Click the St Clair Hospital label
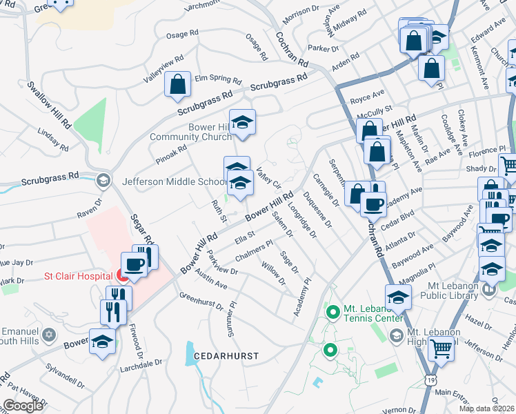(78, 277)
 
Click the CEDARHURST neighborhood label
(226, 356)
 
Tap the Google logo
(23, 405)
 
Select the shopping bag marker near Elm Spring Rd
(177, 85)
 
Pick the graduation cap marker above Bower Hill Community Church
(241, 121)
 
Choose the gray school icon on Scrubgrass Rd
(103, 181)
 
